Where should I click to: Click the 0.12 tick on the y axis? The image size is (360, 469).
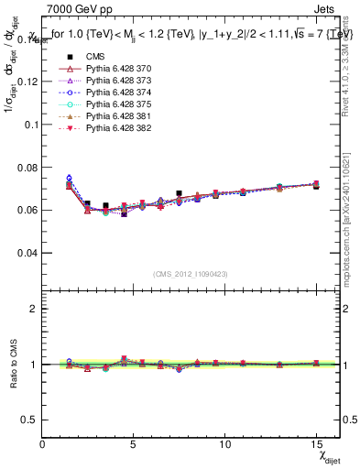[x=27, y=81]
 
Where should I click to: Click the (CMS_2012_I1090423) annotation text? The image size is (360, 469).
[x=191, y=274]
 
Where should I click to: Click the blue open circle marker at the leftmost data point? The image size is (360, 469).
[x=69, y=179]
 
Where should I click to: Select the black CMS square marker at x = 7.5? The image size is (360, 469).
[x=179, y=193]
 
